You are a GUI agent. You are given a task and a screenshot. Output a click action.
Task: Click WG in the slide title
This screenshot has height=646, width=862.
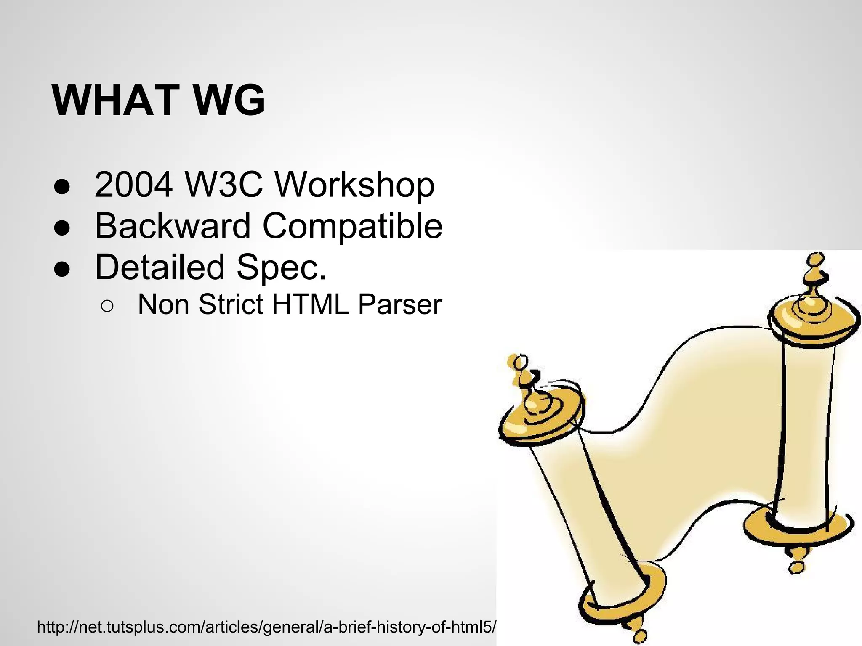coord(229,101)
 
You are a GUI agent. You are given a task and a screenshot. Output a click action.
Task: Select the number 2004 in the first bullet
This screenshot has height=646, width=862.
coord(133,185)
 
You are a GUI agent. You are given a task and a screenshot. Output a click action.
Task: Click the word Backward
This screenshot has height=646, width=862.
coord(173,226)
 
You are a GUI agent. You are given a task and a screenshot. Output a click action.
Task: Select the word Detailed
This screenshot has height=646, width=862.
coord(160,267)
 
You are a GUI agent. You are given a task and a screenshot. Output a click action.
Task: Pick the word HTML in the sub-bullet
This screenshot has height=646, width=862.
coord(310,304)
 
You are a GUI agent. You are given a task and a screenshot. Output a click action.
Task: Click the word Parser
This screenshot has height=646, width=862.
coord(399,304)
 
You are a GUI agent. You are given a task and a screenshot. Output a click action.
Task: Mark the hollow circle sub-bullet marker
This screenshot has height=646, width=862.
coord(107,306)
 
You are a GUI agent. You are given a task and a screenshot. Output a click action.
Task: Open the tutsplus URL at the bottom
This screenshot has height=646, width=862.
coord(266,627)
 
